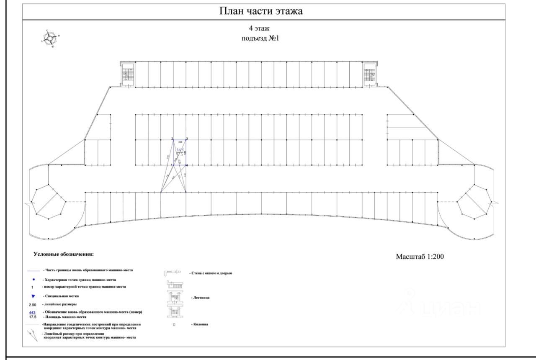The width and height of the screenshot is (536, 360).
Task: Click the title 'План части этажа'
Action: (261, 11)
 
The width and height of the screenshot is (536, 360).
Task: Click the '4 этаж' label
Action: (259, 29)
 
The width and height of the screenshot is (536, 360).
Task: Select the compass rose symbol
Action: (51, 39)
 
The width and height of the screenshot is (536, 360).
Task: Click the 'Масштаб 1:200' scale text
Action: (420, 257)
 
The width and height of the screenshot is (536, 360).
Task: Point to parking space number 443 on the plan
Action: (180, 150)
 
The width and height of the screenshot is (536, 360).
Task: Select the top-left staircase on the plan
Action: (127, 75)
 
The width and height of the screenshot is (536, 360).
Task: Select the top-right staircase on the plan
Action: (370, 75)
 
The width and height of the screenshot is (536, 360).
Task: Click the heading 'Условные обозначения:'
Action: (64, 255)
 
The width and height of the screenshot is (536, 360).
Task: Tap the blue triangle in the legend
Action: (33, 296)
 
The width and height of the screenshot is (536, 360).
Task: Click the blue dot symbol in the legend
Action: (33, 279)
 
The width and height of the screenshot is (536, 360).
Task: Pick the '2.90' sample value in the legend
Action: (32, 304)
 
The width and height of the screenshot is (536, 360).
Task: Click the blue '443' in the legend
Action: (32, 312)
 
